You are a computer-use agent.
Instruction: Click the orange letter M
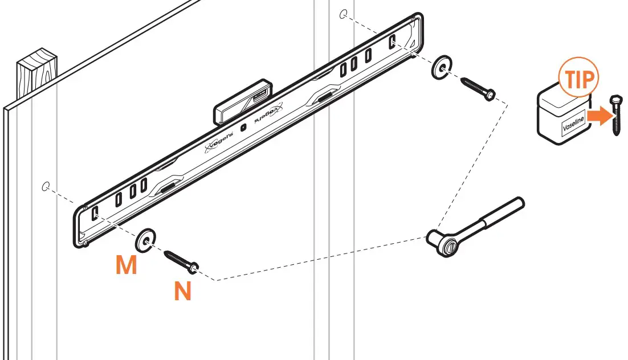pos(127,265)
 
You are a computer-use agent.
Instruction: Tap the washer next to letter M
pos(146,239)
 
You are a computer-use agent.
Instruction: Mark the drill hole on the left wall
pos(46,186)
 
